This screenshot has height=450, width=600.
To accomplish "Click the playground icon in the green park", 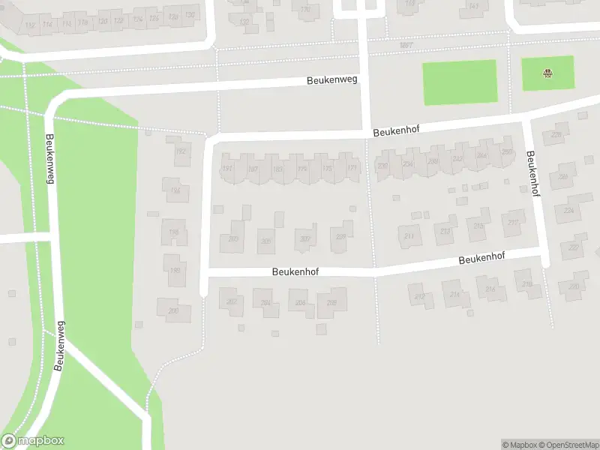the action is pyautogui.click(x=548, y=73).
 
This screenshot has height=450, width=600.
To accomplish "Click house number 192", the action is pyautogui.click(x=180, y=151).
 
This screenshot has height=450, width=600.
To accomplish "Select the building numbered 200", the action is pyautogui.click(x=174, y=310).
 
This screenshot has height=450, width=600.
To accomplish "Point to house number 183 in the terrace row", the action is pyautogui.click(x=278, y=169).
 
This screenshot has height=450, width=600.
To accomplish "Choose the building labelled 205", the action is pyautogui.click(x=265, y=241).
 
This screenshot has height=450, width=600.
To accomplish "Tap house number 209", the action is pyautogui.click(x=341, y=237).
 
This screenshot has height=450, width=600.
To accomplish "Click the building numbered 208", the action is pyautogui.click(x=332, y=304).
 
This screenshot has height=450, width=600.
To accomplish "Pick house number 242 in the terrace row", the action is pyautogui.click(x=457, y=159).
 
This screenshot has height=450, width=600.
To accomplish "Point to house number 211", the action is pyautogui.click(x=409, y=236).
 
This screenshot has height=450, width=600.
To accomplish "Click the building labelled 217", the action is pyautogui.click(x=514, y=223).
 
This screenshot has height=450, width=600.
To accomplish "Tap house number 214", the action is pyautogui.click(x=454, y=295).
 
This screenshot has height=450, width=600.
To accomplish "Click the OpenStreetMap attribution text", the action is pyautogui.click(x=568, y=445).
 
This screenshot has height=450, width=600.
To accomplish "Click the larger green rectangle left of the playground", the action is pyautogui.click(x=460, y=82).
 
